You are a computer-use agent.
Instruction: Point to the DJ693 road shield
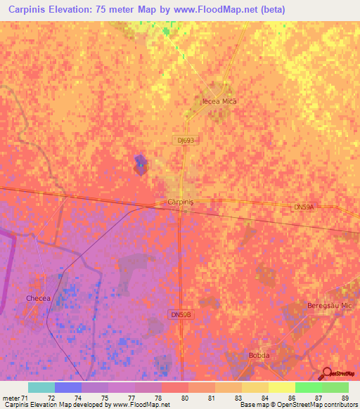tap(186, 141)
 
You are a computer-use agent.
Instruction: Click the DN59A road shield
tap(303, 207)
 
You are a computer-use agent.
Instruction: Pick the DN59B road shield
tap(180, 314)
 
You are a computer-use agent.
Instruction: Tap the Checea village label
tap(39, 299)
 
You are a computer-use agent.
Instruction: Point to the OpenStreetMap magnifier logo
tap(326, 373)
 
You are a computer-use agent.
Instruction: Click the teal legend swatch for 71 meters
tap(41, 387)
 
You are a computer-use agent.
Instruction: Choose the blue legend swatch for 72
tap(68, 387)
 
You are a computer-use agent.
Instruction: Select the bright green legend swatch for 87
tap(308, 387)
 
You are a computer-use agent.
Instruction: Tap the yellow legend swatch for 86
tap(281, 387)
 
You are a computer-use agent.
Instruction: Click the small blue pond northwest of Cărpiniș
tap(140, 165)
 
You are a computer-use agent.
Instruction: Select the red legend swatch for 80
tap(175, 387)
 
